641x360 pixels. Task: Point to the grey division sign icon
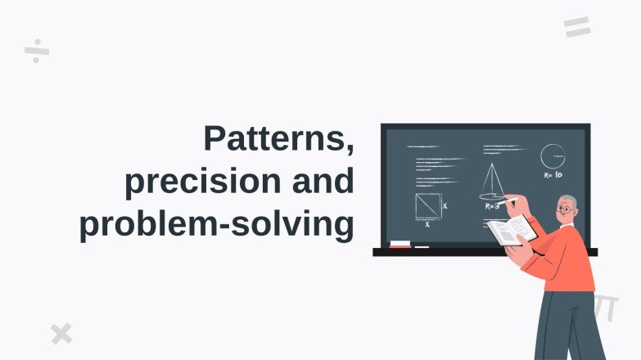point(37,51)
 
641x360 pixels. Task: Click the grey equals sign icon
point(577,27)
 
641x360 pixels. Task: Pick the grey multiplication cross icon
point(61,333)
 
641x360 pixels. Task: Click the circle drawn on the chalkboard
point(553,155)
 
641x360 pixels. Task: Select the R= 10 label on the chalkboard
point(553,175)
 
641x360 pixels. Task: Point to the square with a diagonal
point(427,206)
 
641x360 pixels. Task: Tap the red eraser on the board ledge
point(400,244)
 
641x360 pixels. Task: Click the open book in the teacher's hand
point(512,230)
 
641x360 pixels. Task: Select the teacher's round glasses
point(564,209)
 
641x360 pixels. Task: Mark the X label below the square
point(427,224)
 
